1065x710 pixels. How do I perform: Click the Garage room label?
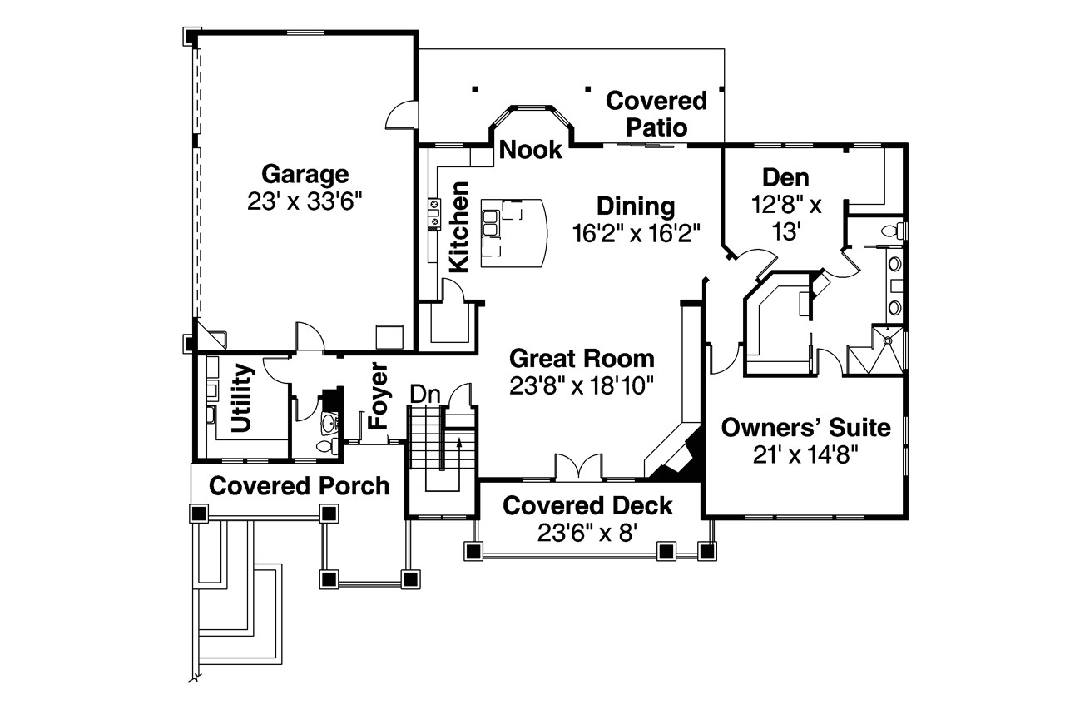coord(305,175)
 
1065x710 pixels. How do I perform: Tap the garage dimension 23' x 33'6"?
coord(305,201)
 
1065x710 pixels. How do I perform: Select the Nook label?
coord(531,150)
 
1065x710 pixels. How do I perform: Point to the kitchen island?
coord(513,233)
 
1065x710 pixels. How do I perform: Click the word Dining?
coord(636,206)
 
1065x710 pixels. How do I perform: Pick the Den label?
coord(785,178)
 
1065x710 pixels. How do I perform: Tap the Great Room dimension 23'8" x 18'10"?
coord(582,385)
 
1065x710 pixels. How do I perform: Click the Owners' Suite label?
coord(806,428)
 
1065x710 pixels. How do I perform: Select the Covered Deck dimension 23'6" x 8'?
coord(587,533)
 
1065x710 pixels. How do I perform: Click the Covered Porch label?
coord(299,486)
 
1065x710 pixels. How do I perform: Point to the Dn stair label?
coord(425,395)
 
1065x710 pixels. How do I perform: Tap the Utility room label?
coord(241,398)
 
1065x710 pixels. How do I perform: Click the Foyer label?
coord(379,395)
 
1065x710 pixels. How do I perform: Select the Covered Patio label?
coord(656,114)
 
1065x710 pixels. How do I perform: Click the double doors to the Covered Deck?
coord(578,466)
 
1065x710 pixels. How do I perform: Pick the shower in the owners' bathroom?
coord(875,350)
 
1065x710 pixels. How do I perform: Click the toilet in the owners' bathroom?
coord(893,231)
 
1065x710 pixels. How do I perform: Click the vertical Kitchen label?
coord(458,227)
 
